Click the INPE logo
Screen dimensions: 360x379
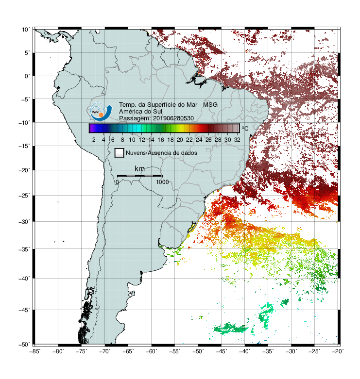pyautogui.click(x=101, y=112)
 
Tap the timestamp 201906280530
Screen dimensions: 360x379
pyautogui.click(x=173, y=118)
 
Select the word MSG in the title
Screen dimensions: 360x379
pyautogui.click(x=210, y=105)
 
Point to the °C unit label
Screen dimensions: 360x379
pyautogui.click(x=245, y=128)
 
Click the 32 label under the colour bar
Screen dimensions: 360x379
pyautogui.click(x=237, y=140)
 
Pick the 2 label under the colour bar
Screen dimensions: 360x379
pyautogui.click(x=94, y=140)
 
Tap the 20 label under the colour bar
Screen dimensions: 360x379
pyautogui.click(x=180, y=140)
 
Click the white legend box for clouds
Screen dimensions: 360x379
pyautogui.click(x=120, y=153)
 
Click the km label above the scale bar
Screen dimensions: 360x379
pyautogui.click(x=139, y=169)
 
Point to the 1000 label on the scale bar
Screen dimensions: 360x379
pyautogui.click(x=162, y=182)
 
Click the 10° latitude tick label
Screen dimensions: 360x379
pyautogui.click(x=26, y=30)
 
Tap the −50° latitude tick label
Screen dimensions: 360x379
pyautogui.click(x=24, y=345)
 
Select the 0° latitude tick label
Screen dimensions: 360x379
pyautogui.click(x=27, y=76)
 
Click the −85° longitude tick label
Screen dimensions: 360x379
pyautogui.click(x=34, y=351)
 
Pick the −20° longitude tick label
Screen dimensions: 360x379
pyautogui.click(x=337, y=351)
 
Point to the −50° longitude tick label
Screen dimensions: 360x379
pyautogui.click(x=198, y=351)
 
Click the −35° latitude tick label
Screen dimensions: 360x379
pyautogui.click(x=24, y=249)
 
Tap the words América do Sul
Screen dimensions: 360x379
pyautogui.click(x=140, y=112)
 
